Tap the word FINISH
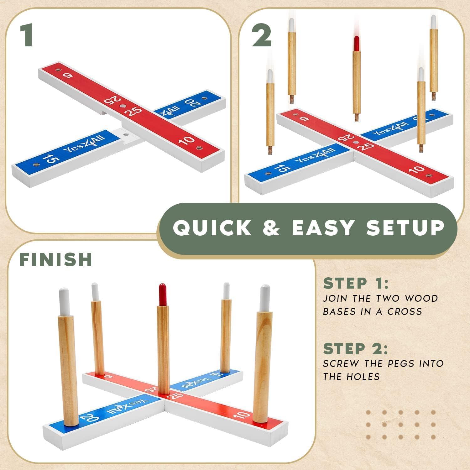pyautogui.click(x=56, y=259)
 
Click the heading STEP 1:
pyautogui.click(x=356, y=283)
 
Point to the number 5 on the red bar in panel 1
pyautogui.click(x=67, y=75)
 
